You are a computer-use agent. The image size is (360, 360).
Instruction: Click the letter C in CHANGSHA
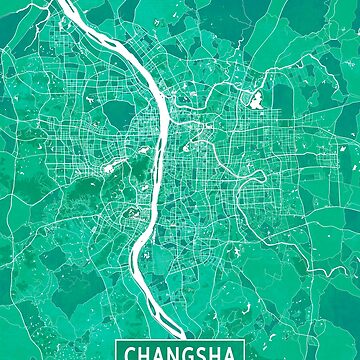pyautogui.click(x=131, y=352)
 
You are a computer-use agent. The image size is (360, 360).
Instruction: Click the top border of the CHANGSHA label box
pyautogui.click(x=180, y=342)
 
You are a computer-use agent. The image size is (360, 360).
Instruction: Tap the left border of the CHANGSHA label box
pyautogui.click(x=119, y=352)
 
